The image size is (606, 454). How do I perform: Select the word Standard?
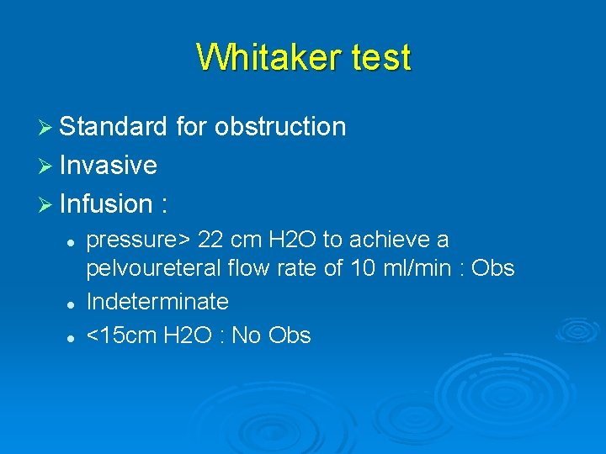point(114,127)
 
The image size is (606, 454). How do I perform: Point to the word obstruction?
point(280,127)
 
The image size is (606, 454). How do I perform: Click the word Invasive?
point(109,166)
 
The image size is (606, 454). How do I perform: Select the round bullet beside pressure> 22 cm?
point(72,241)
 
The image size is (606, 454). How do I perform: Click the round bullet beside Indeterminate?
point(72,302)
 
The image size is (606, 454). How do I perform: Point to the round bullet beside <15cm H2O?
point(72,336)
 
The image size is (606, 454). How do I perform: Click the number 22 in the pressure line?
point(210,240)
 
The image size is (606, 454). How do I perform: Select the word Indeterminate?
point(157,301)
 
